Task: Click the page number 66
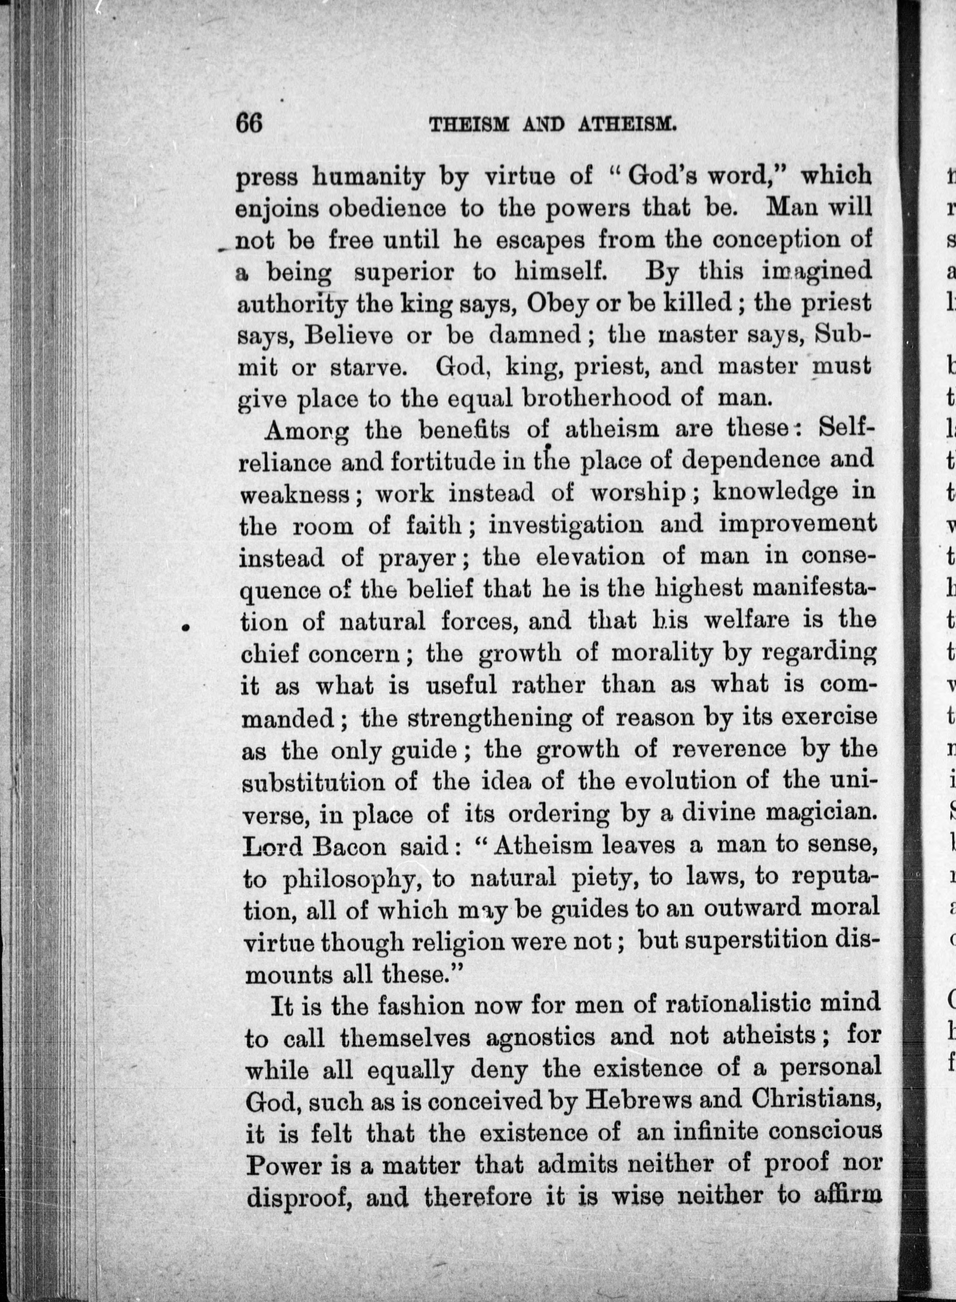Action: pos(249,123)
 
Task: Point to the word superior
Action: pos(404,272)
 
